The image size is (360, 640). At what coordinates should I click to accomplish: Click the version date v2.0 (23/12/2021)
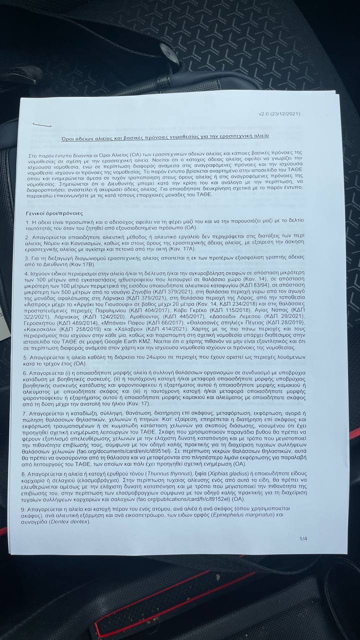[x=279, y=114]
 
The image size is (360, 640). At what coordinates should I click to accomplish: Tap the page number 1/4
[x=303, y=538]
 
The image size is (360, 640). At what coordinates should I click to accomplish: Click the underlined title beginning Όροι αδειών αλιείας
[x=165, y=136]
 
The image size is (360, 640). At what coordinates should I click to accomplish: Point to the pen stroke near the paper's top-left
[x=39, y=124]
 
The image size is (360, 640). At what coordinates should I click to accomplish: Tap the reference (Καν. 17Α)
[x=189, y=248]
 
